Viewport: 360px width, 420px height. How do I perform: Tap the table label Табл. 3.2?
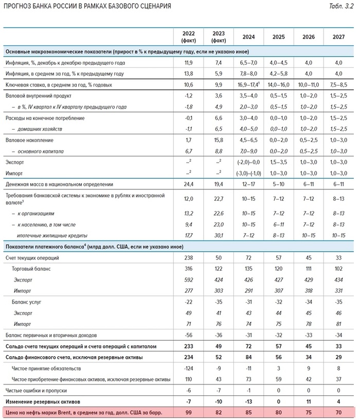point(340,6)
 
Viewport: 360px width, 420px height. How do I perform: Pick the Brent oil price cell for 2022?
point(188,412)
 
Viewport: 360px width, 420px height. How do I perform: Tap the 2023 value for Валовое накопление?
point(218,139)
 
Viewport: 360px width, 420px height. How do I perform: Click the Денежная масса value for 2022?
point(188,184)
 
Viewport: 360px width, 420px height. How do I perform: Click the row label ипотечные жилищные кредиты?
point(57,235)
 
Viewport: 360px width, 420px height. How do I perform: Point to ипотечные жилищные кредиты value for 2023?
point(218,235)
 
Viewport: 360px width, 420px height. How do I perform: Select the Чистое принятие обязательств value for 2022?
point(188,369)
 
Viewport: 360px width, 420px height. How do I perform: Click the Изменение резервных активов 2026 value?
point(309,401)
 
